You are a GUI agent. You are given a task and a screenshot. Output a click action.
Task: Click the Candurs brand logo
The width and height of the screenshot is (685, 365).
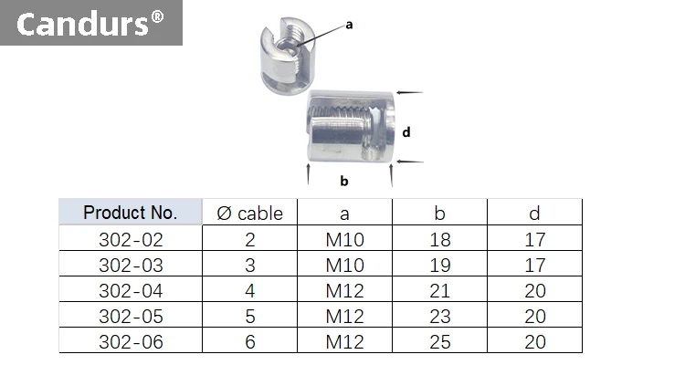[90, 24]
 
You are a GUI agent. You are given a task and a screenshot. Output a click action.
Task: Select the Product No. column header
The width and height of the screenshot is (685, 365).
[130, 213]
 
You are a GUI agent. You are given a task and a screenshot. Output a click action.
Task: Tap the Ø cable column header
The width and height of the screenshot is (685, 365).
[250, 214]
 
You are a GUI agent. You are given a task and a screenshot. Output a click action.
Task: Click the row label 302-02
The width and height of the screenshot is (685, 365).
[130, 240]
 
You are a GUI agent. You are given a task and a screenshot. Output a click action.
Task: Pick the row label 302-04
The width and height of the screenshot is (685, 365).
[130, 291]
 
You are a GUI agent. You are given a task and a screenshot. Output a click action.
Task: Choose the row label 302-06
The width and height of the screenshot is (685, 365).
[130, 342]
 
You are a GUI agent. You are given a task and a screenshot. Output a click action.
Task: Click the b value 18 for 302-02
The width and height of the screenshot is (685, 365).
[439, 240]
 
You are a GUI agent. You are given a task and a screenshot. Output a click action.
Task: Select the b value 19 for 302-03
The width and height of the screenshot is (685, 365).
[439, 266]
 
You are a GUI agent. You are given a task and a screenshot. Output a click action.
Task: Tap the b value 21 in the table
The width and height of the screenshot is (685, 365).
[439, 291]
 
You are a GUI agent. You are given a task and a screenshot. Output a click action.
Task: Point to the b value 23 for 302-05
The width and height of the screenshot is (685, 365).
[439, 317]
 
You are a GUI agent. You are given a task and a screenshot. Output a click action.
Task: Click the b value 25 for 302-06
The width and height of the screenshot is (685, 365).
[439, 342]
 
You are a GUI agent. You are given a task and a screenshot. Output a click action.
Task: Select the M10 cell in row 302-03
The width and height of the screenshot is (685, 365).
[344, 266]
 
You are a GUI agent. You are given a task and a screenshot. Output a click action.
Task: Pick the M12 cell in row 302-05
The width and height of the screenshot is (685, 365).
[344, 317]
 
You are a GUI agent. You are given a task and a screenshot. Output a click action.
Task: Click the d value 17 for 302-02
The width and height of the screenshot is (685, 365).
[535, 240]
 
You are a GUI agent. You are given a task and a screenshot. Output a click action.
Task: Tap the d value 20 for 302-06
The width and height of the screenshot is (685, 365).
[535, 342]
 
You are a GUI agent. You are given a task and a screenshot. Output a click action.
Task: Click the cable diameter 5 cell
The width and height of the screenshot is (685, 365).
[250, 317]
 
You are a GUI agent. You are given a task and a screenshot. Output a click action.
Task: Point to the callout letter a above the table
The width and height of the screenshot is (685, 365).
[348, 26]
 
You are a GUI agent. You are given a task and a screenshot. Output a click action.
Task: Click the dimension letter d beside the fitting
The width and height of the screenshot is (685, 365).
[406, 131]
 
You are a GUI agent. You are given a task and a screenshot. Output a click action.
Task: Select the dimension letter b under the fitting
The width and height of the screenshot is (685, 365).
[344, 181]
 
